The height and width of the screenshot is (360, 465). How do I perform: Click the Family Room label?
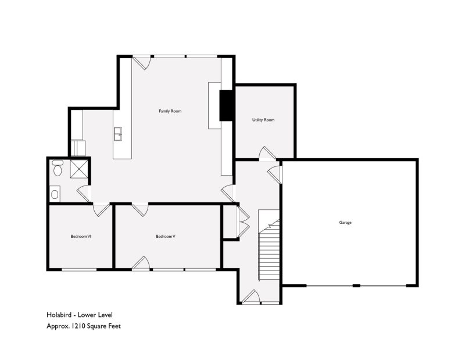click(170, 111)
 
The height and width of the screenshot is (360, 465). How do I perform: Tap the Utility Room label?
click(263, 120)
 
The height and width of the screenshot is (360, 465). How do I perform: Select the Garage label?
click(345, 222)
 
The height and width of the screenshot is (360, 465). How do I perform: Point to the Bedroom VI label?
click(81, 237)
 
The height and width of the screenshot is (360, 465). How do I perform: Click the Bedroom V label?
click(166, 237)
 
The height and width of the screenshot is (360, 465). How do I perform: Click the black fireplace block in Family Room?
click(227, 105)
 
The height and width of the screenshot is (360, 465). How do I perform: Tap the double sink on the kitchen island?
click(118, 134)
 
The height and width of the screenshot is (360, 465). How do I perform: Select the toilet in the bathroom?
click(57, 168)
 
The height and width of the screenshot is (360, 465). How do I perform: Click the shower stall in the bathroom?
click(79, 169)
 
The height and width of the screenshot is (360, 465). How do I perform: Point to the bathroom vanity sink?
click(55, 194)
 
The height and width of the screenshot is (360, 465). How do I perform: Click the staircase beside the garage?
click(269, 245)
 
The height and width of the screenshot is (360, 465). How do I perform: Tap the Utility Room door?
click(267, 154)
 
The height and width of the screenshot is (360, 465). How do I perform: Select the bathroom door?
click(84, 193)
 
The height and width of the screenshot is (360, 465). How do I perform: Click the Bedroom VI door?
click(101, 209)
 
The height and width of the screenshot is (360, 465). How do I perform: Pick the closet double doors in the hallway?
click(244, 222)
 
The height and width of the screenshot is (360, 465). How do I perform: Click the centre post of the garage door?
click(356, 286)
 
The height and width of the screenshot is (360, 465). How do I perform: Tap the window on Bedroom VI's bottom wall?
click(79, 269)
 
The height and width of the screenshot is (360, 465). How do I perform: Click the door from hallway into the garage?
click(275, 175)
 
